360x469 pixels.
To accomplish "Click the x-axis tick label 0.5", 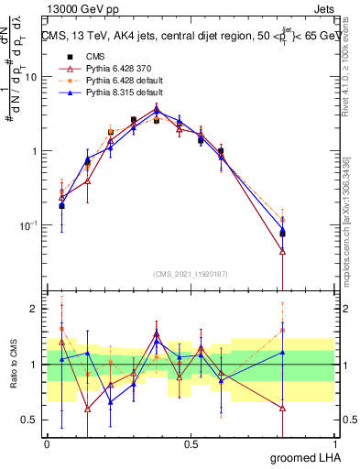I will click(x=191, y=442).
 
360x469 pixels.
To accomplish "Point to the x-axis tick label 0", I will click(x=47, y=442).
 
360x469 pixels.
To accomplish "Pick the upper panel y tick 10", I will click(x=31, y=77).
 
